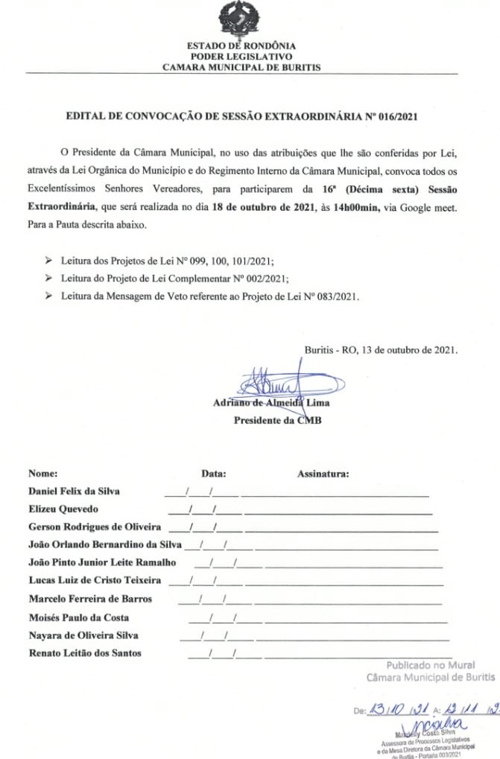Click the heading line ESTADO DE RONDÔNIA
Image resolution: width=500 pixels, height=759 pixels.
tap(241, 45)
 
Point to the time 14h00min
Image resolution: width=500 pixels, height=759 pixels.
tap(355, 207)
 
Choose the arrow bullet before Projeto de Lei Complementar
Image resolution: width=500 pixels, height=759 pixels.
tap(48, 278)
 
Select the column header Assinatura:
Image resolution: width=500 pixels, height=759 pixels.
tap(323, 473)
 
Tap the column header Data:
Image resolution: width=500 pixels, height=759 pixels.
tap(214, 473)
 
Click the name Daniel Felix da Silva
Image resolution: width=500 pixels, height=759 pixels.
tap(74, 492)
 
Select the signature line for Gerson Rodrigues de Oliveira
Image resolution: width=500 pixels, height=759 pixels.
tap(341, 530)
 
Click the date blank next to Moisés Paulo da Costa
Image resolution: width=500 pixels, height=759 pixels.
tap(225, 619)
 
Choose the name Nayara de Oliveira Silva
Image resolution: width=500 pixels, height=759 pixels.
tap(83, 635)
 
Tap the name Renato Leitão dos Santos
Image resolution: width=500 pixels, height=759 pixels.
tap(85, 653)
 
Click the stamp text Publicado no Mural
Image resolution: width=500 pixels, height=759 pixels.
tap(430, 665)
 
